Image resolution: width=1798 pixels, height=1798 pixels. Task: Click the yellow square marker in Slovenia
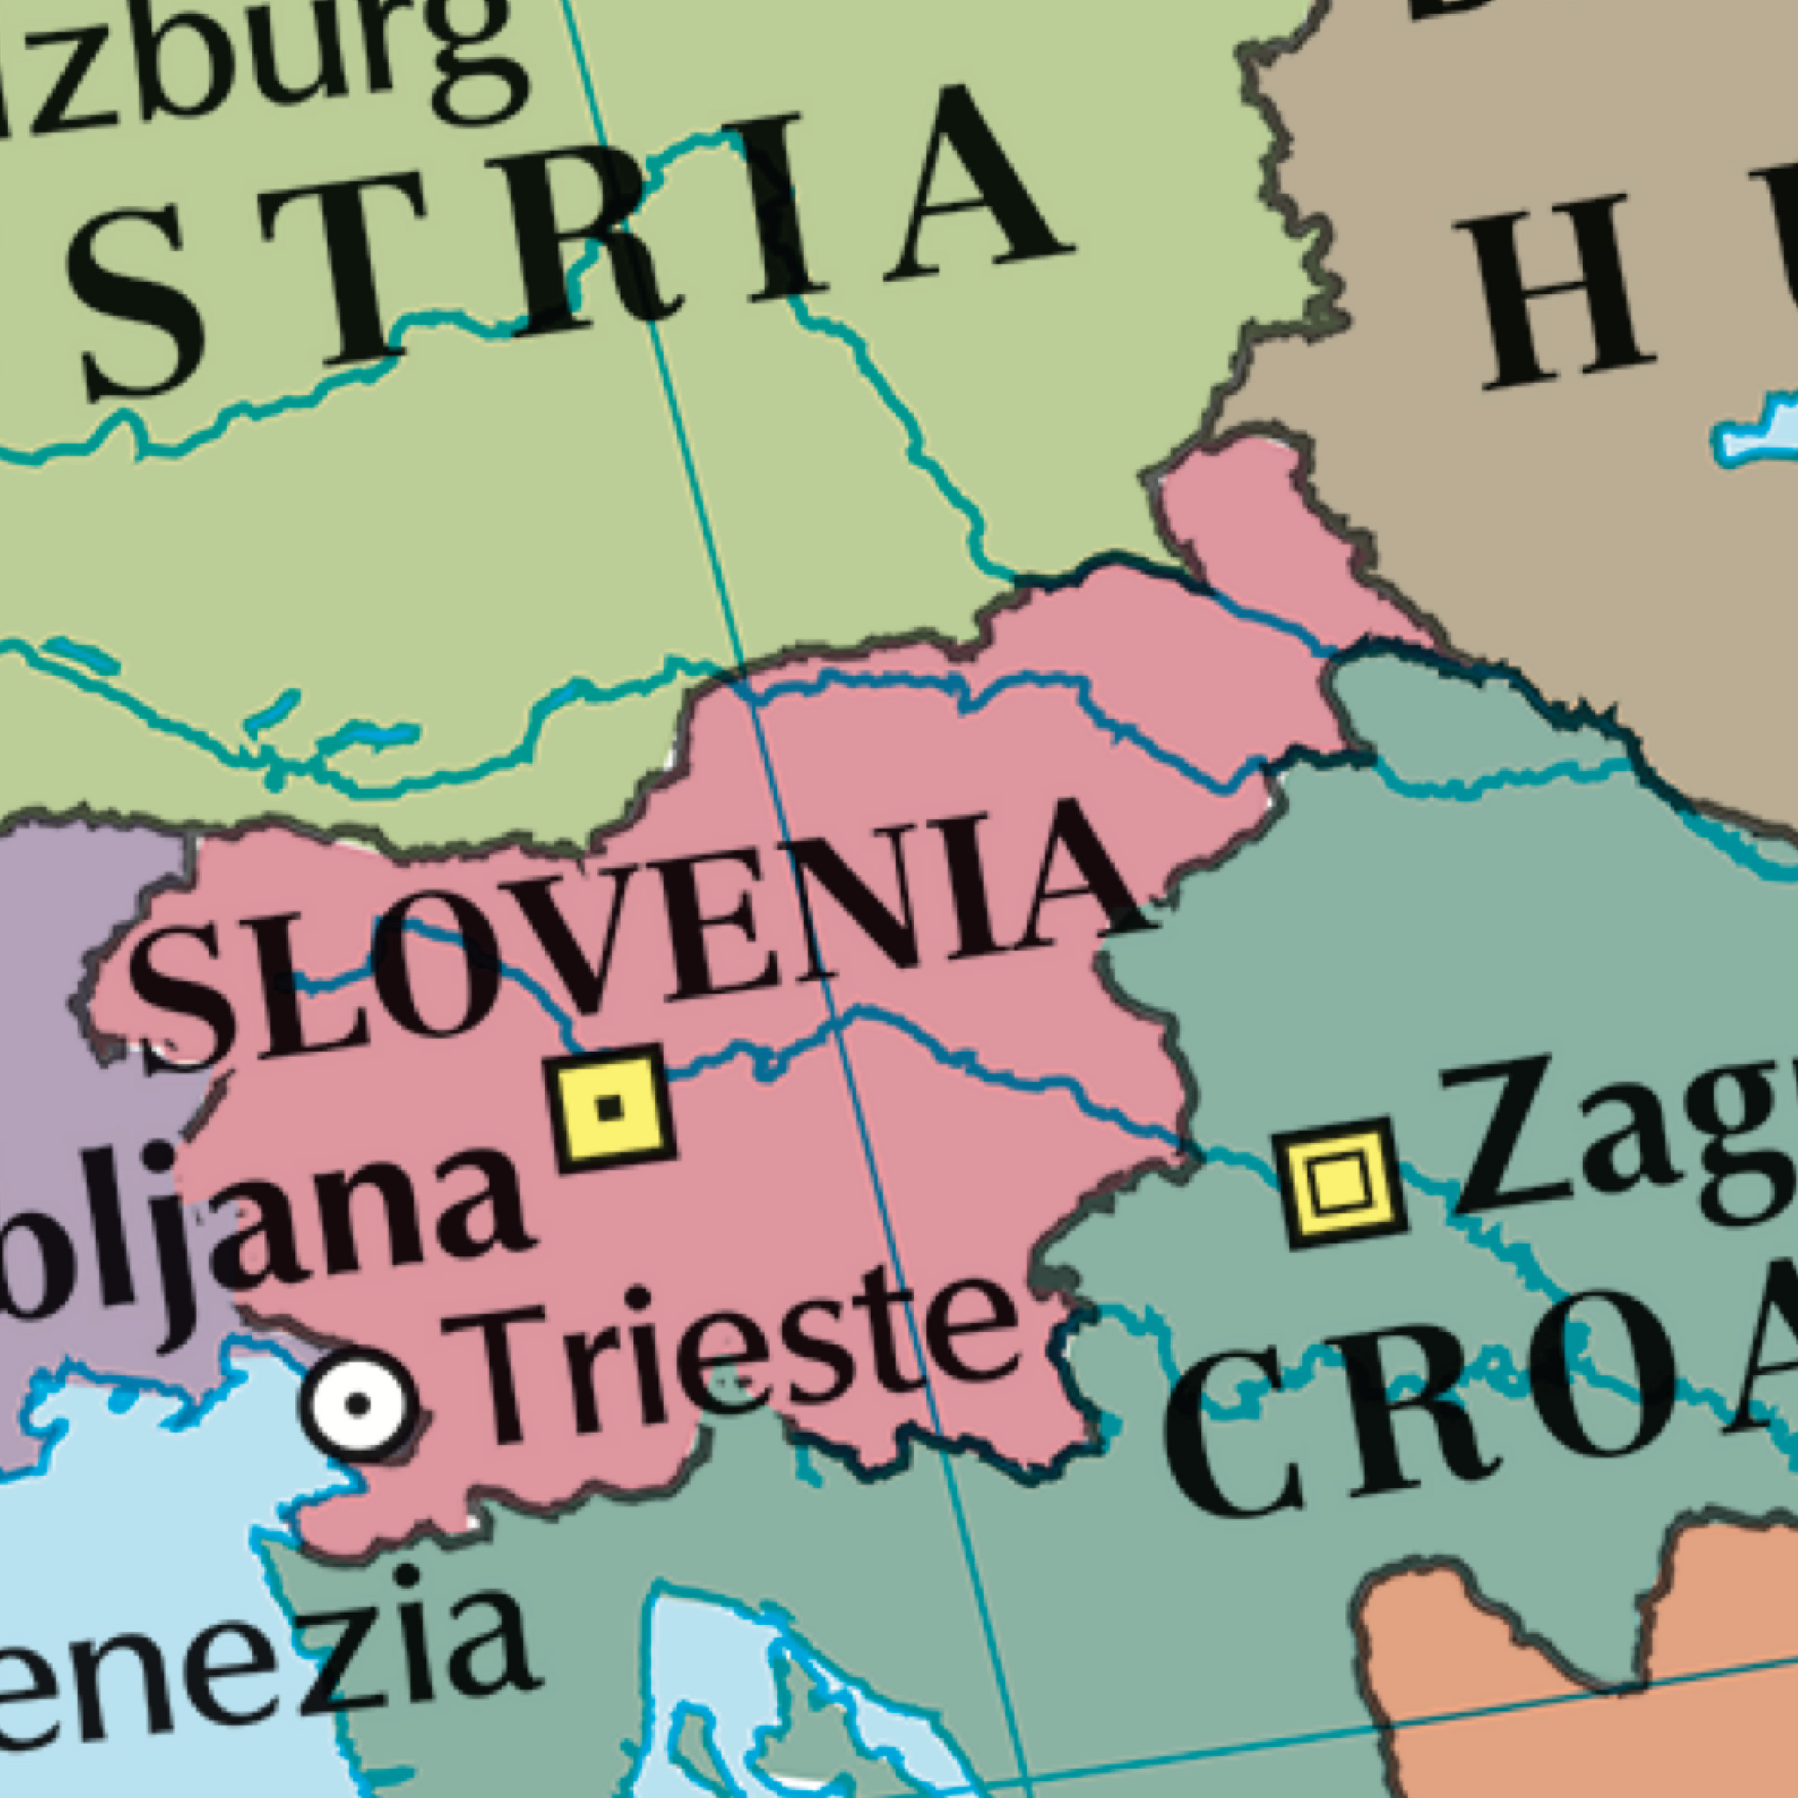coord(610,1106)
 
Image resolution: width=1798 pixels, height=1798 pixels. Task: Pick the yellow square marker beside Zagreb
coord(1338,1182)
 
